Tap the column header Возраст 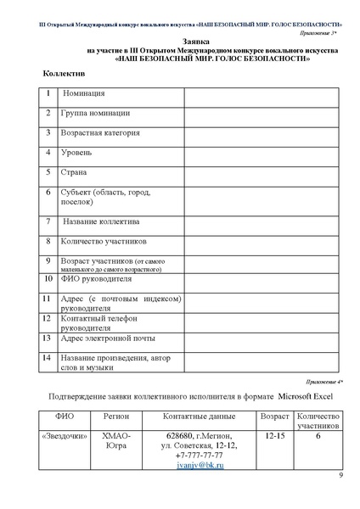tap(274, 418)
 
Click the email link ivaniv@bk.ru tap(199, 467)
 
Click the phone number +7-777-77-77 tap(199, 456)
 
